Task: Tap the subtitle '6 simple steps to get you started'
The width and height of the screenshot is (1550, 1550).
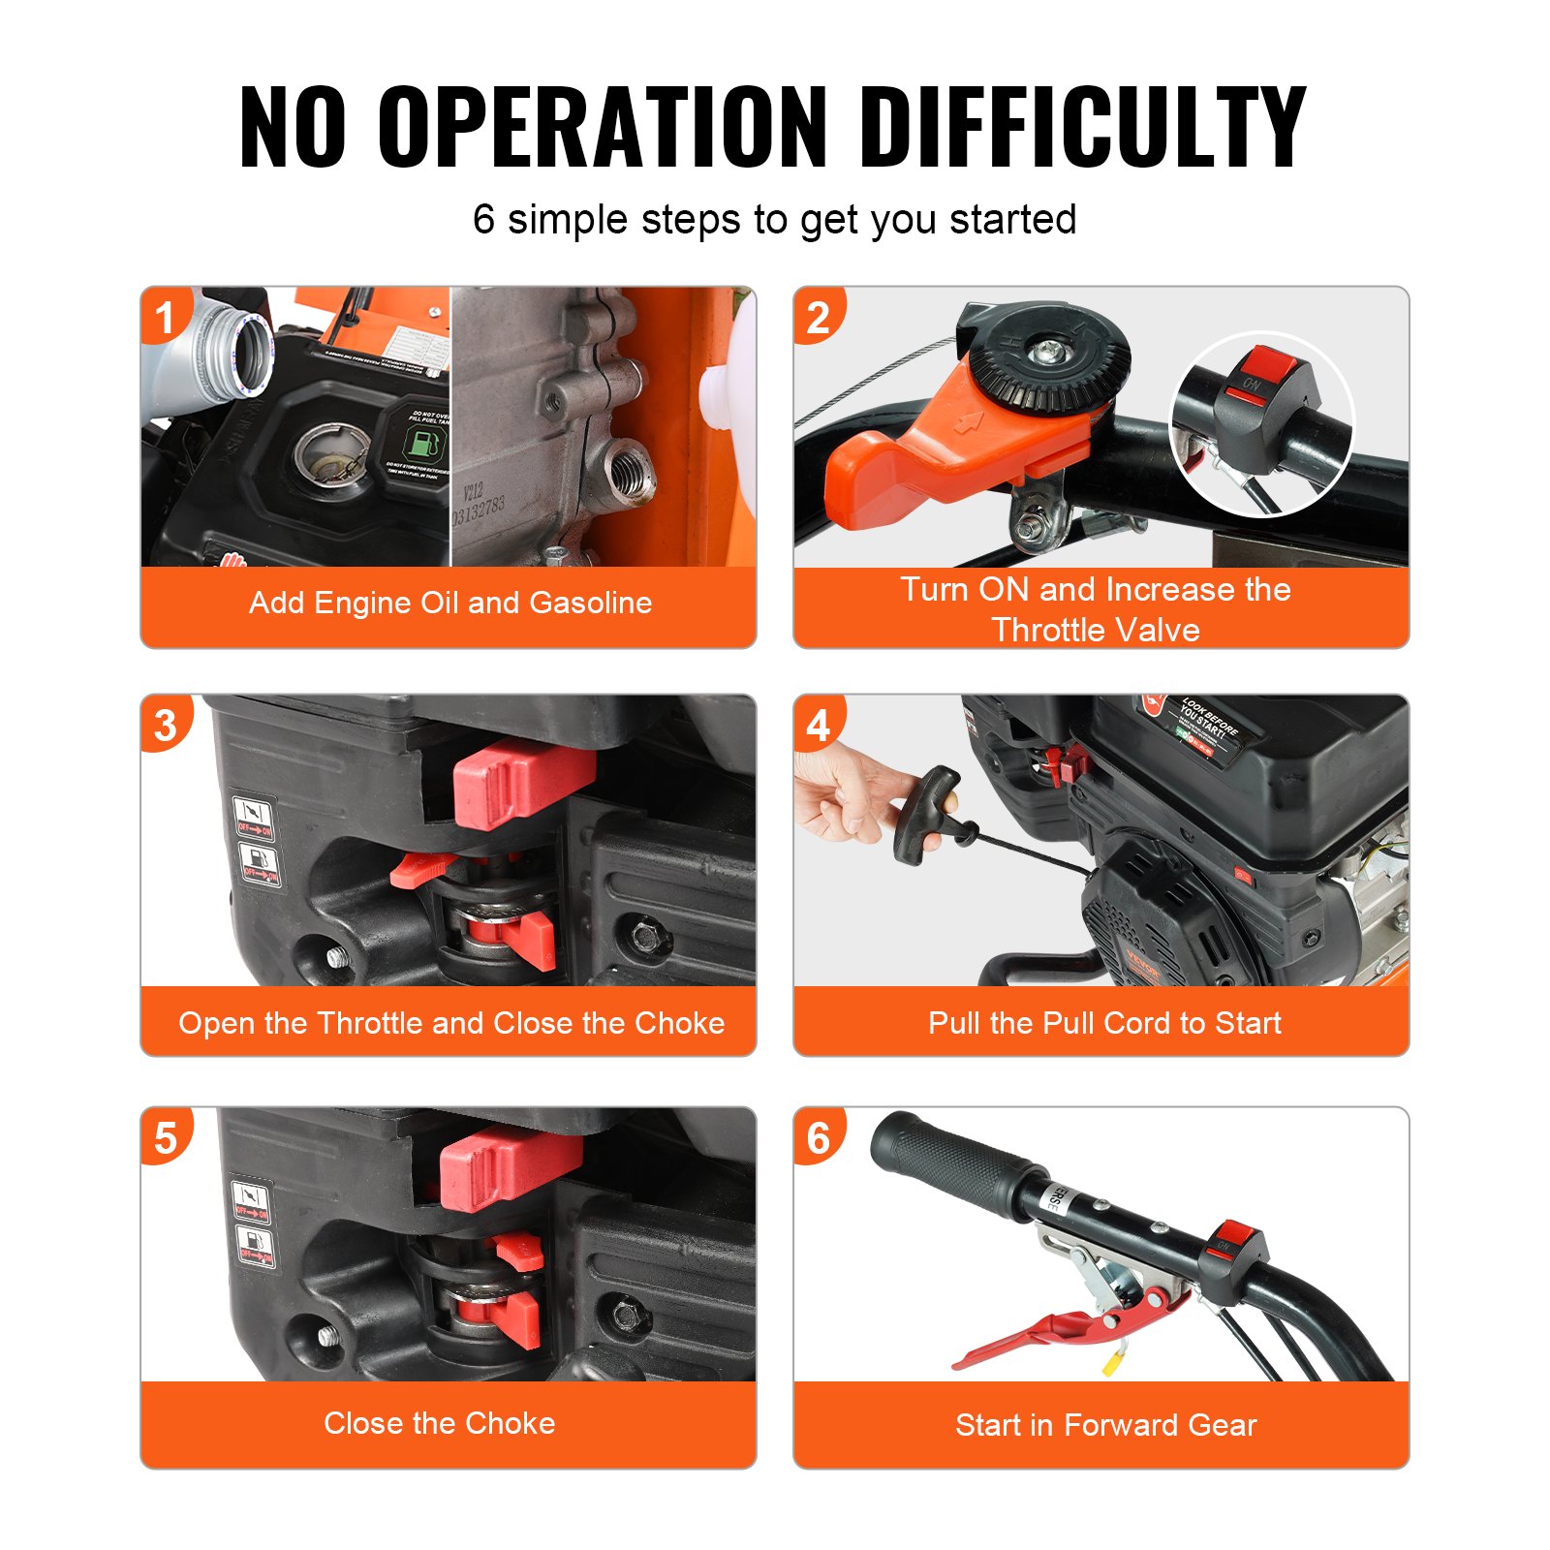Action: (774, 220)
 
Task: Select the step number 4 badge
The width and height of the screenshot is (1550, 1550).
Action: (818, 726)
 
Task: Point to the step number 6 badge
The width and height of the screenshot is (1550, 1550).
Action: (818, 1138)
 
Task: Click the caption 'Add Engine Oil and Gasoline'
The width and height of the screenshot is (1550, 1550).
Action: (449, 603)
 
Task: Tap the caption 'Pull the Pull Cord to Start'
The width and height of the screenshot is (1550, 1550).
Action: (1103, 1023)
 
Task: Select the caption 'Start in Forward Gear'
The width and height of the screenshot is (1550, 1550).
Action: (1104, 1425)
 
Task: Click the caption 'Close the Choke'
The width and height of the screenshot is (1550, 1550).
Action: (439, 1423)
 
